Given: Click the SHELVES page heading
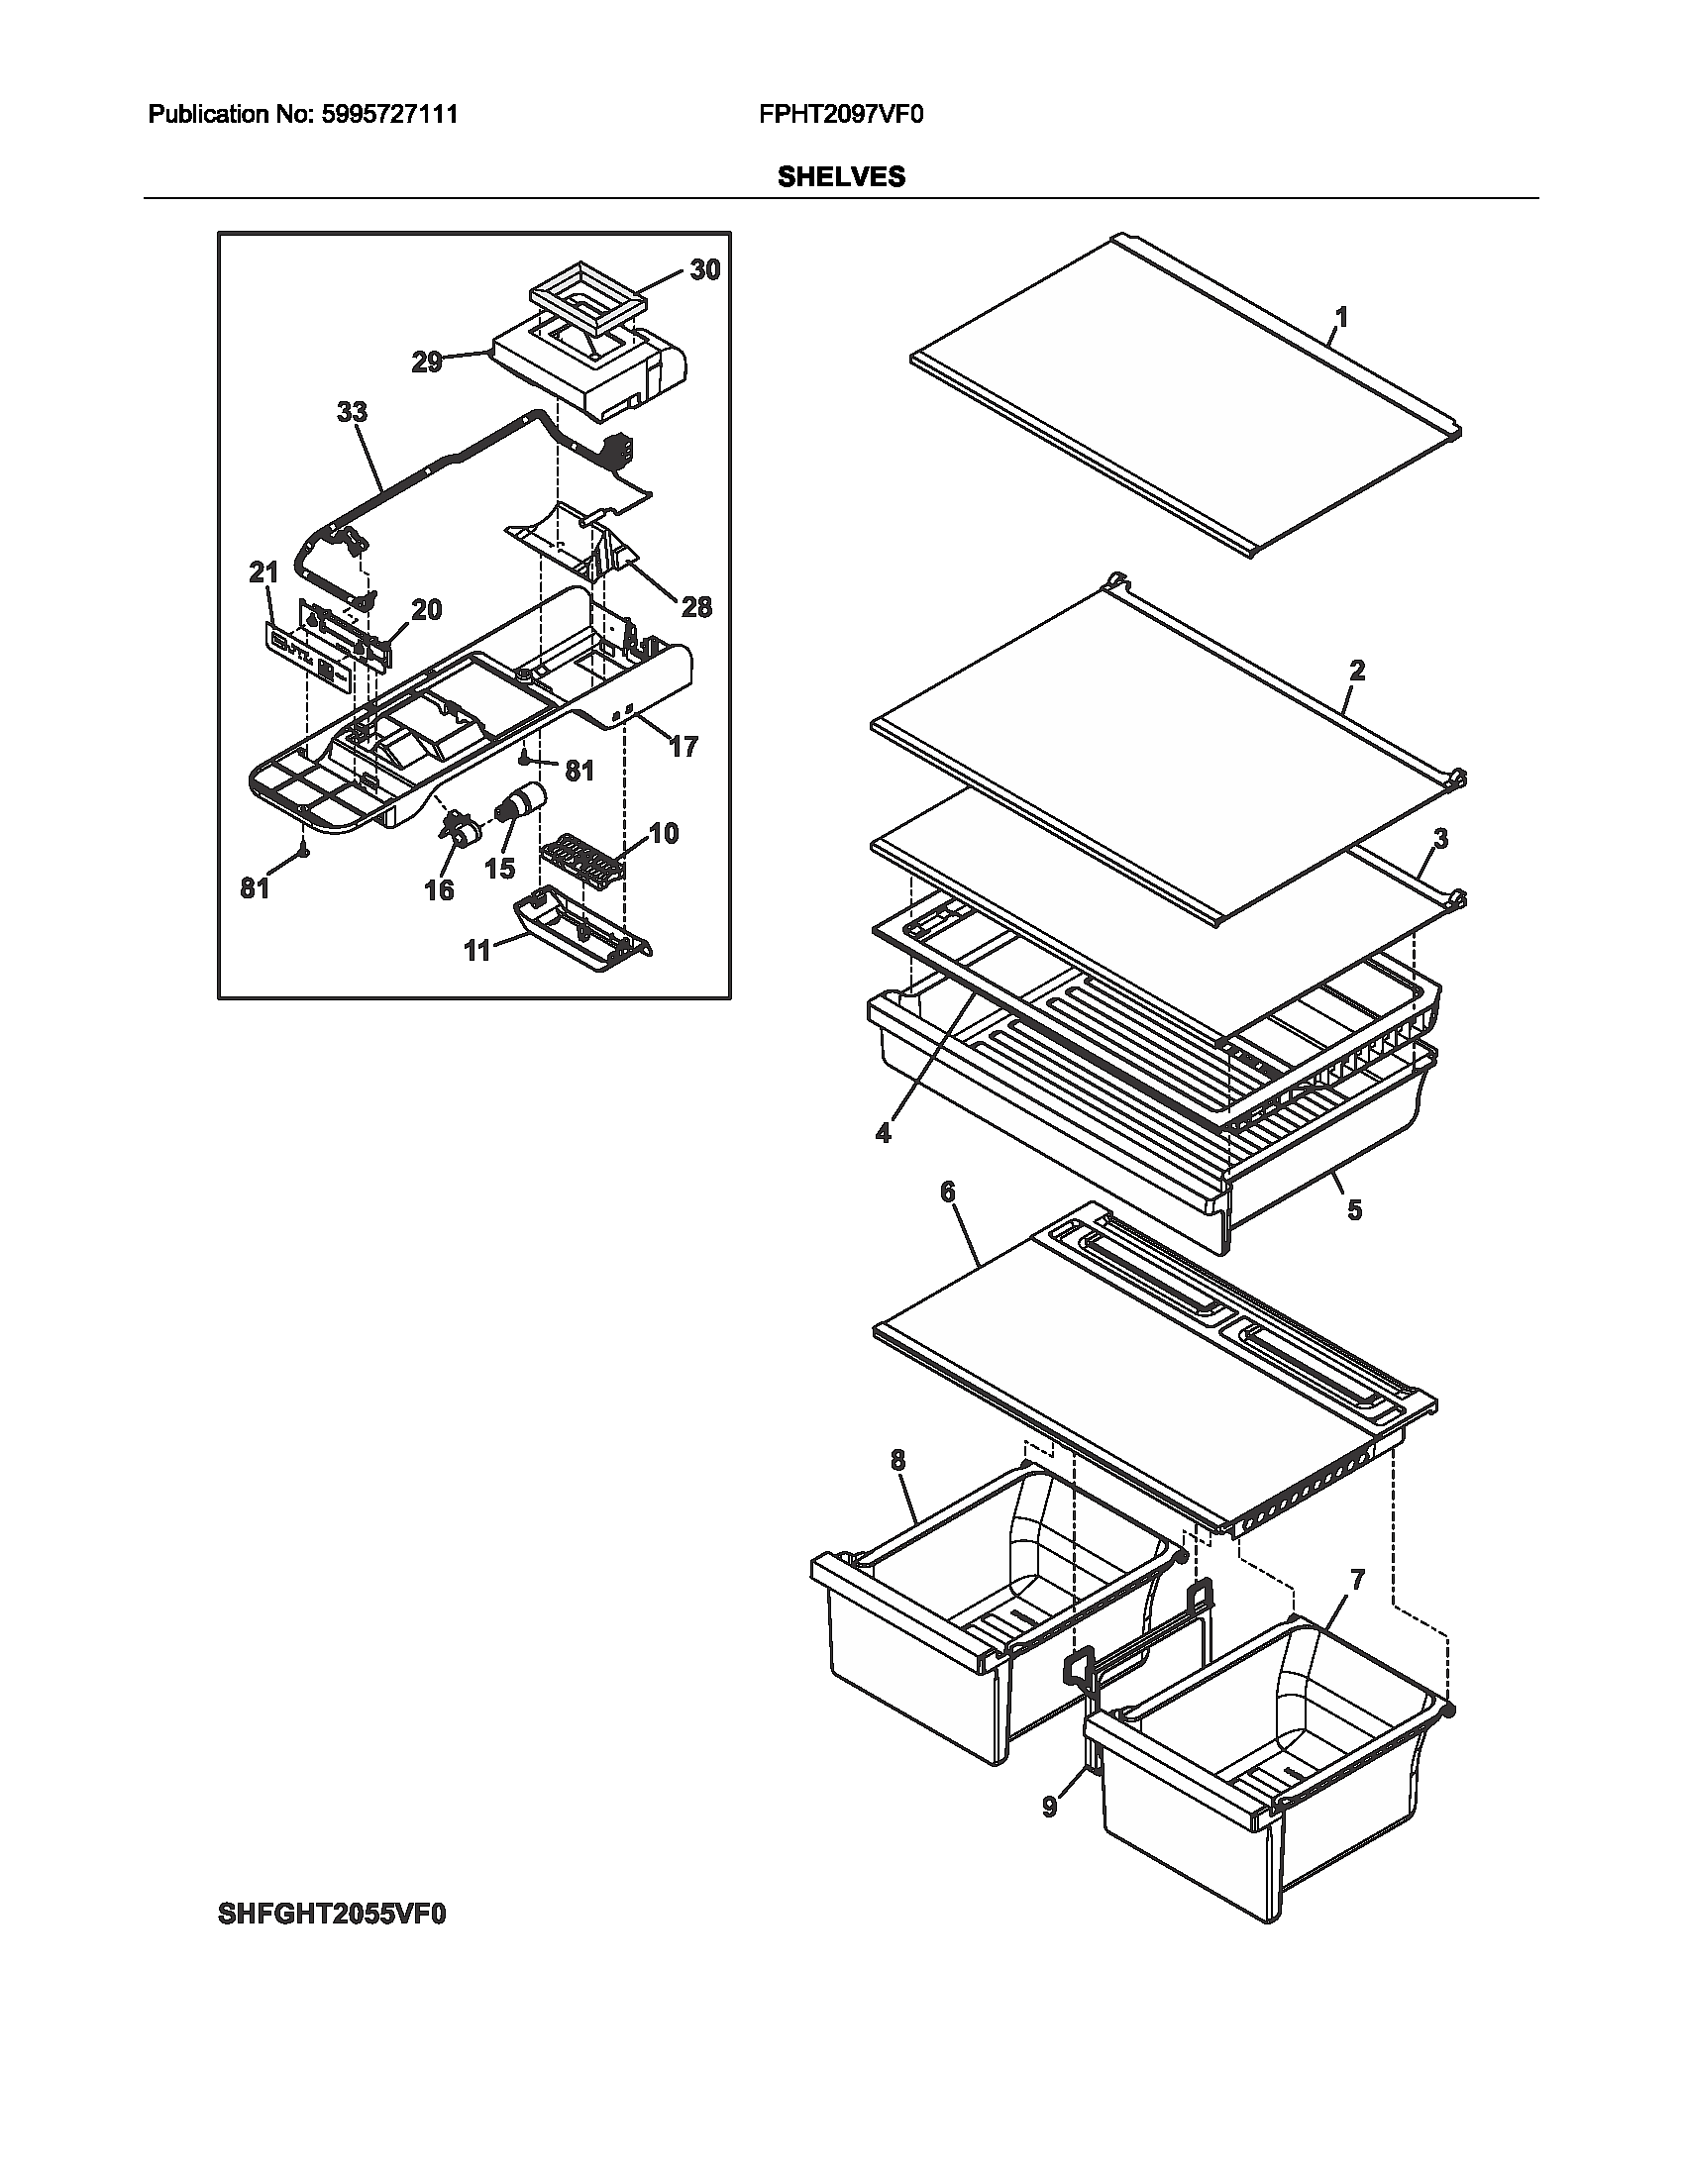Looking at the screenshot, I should [841, 176].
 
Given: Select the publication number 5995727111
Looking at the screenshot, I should [389, 115].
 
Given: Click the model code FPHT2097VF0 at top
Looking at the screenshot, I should [841, 115].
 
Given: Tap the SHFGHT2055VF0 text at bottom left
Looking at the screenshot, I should [331, 1915].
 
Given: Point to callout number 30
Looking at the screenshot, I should [704, 270].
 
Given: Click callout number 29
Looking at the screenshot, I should [427, 363].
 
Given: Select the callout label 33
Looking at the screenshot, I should [353, 412].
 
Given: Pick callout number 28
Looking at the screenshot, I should [696, 606].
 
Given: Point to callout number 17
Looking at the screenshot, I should [683, 746].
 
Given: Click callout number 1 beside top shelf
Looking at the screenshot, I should [1341, 318].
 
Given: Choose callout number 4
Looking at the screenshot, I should [883, 1133].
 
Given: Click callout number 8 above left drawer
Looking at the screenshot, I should [897, 1461].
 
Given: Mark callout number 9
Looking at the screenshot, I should [1048, 1807].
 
